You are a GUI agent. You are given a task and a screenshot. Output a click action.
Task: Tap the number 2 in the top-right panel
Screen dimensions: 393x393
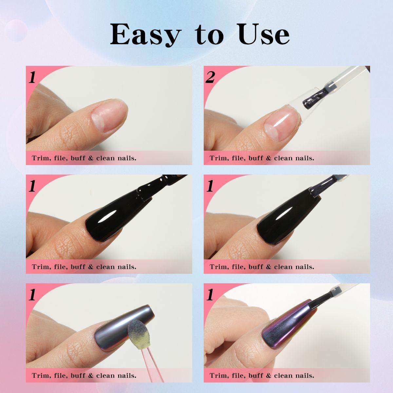coord(210,78)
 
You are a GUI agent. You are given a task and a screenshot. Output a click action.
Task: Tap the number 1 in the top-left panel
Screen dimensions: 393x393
coord(32,78)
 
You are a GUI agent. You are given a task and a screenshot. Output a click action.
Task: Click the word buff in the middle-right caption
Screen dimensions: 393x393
coord(255,267)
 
